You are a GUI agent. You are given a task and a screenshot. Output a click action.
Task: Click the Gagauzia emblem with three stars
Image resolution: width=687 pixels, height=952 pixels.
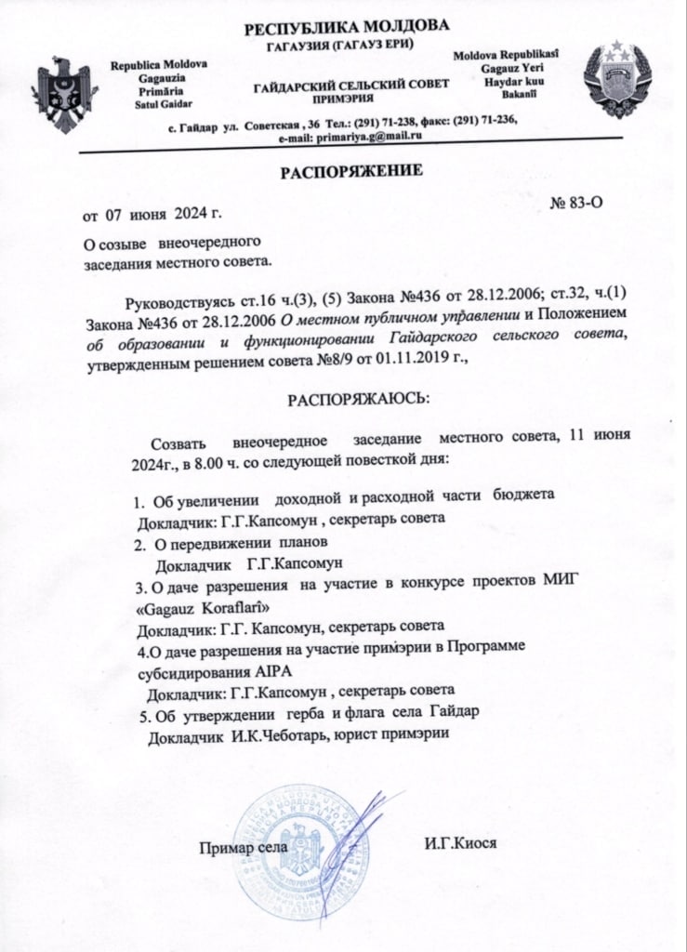click(615, 80)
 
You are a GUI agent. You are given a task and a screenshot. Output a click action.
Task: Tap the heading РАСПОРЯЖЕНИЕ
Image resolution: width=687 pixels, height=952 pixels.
click(352, 171)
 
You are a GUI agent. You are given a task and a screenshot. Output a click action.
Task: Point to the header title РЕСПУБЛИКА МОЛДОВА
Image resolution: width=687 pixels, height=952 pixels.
click(346, 26)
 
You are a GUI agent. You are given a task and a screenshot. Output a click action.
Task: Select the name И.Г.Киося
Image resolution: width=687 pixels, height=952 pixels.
click(460, 843)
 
